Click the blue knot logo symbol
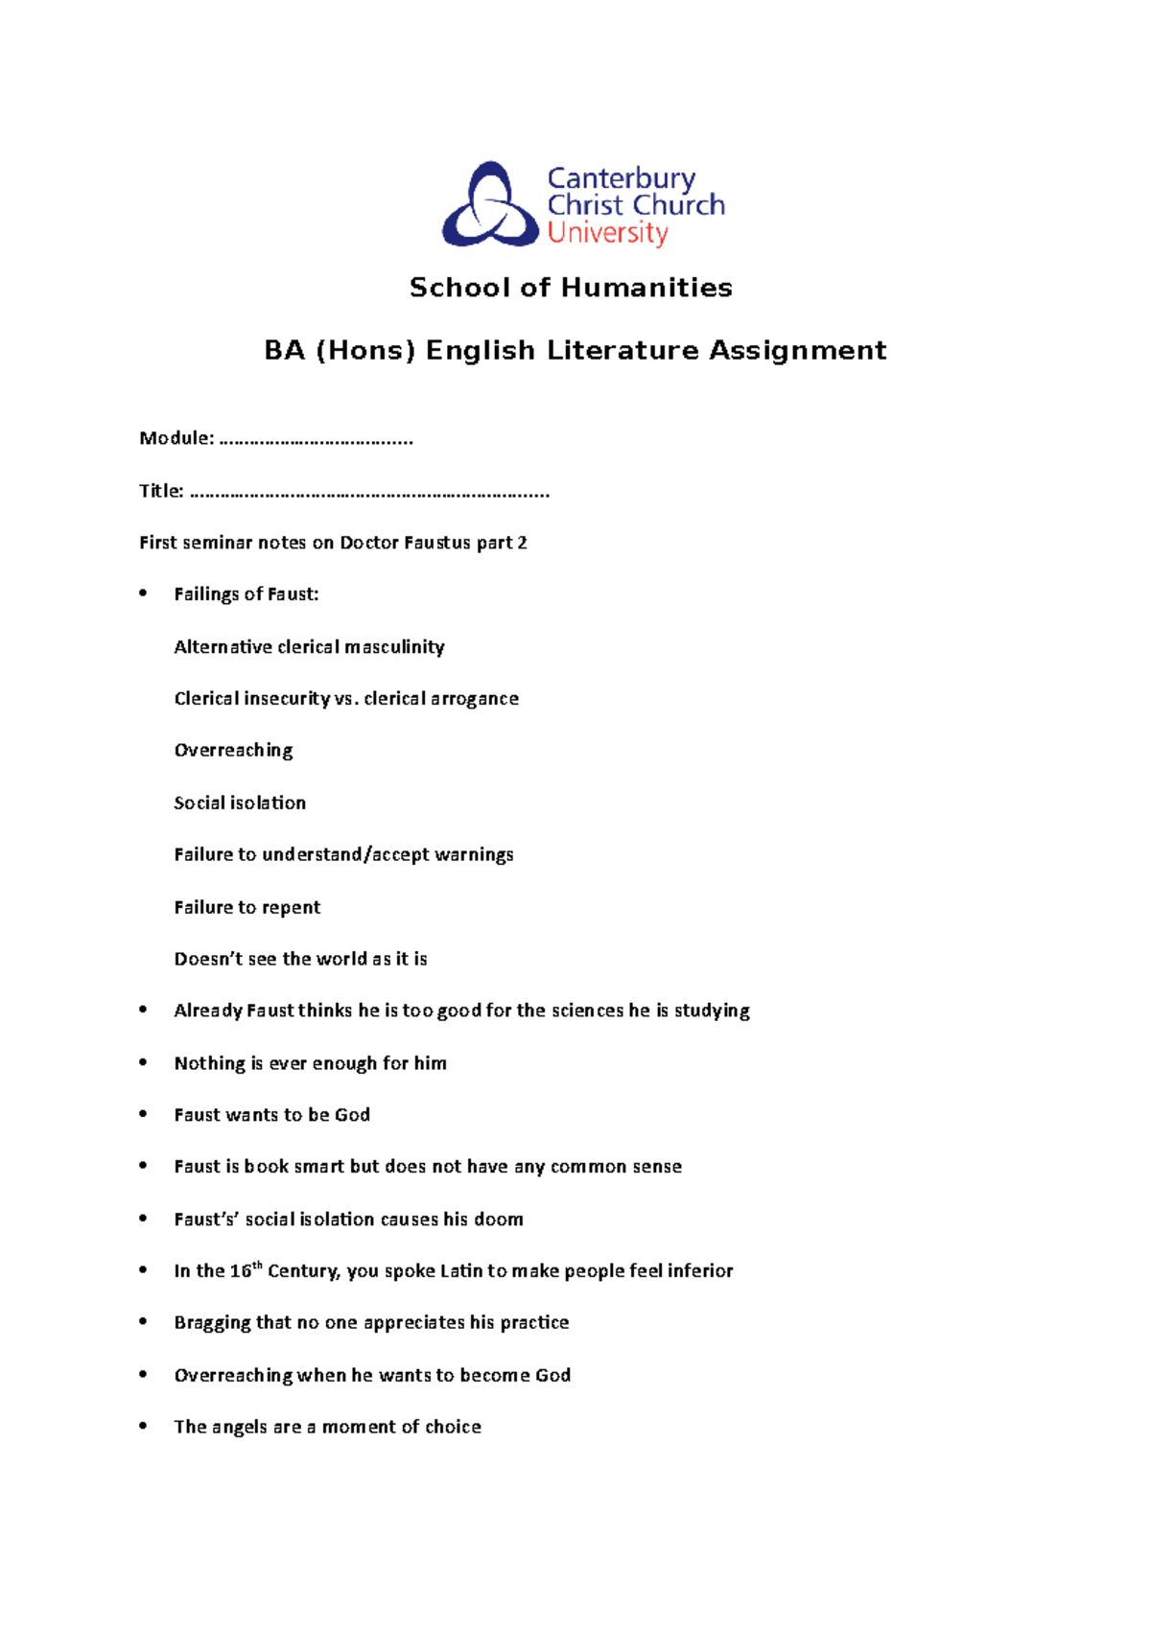tap(490, 205)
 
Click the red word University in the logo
tap(607, 233)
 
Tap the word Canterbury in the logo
tap(621, 178)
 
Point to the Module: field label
tap(176, 438)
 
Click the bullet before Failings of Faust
tap(144, 593)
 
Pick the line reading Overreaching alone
tap(233, 751)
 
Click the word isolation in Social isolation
tap(268, 802)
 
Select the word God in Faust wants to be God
tap(352, 1115)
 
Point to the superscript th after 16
tap(257, 1266)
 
